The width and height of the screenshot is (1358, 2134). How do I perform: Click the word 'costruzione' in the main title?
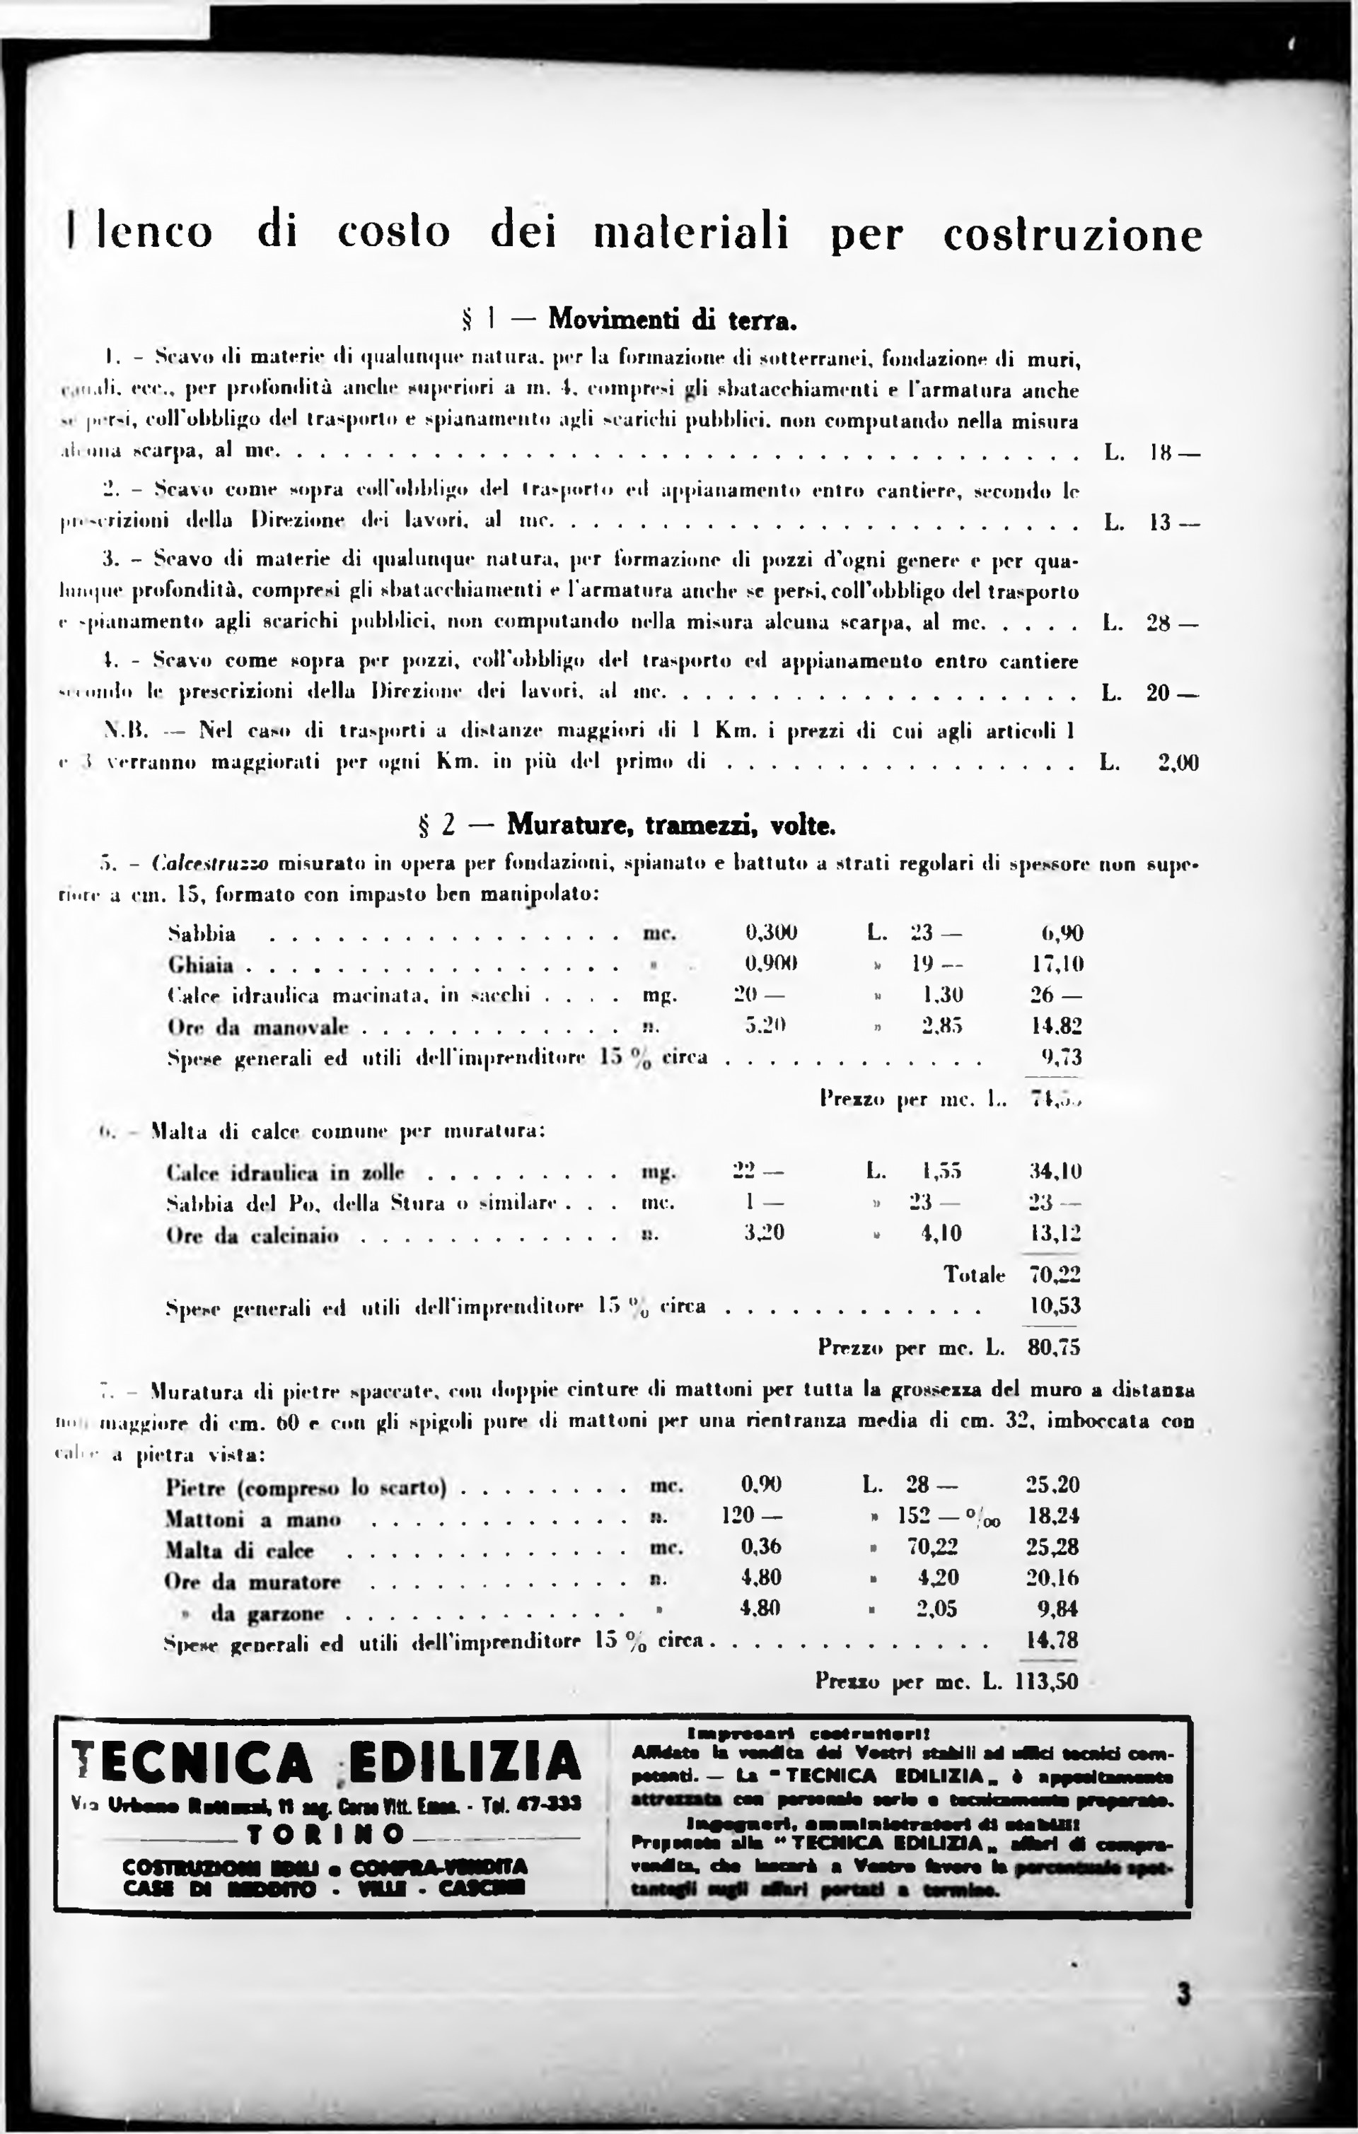(1072, 234)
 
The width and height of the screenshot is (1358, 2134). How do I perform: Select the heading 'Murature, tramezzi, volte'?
(671, 827)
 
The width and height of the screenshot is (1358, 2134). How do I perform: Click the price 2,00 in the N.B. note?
(1179, 762)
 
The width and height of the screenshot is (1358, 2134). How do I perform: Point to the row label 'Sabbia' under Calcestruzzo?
(202, 934)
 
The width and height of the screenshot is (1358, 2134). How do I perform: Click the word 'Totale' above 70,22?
(974, 1276)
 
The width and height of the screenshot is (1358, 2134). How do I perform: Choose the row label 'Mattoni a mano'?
(253, 1520)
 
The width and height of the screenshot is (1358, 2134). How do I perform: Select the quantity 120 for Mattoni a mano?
(738, 1515)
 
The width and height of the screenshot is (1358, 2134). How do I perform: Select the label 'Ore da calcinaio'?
(253, 1235)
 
